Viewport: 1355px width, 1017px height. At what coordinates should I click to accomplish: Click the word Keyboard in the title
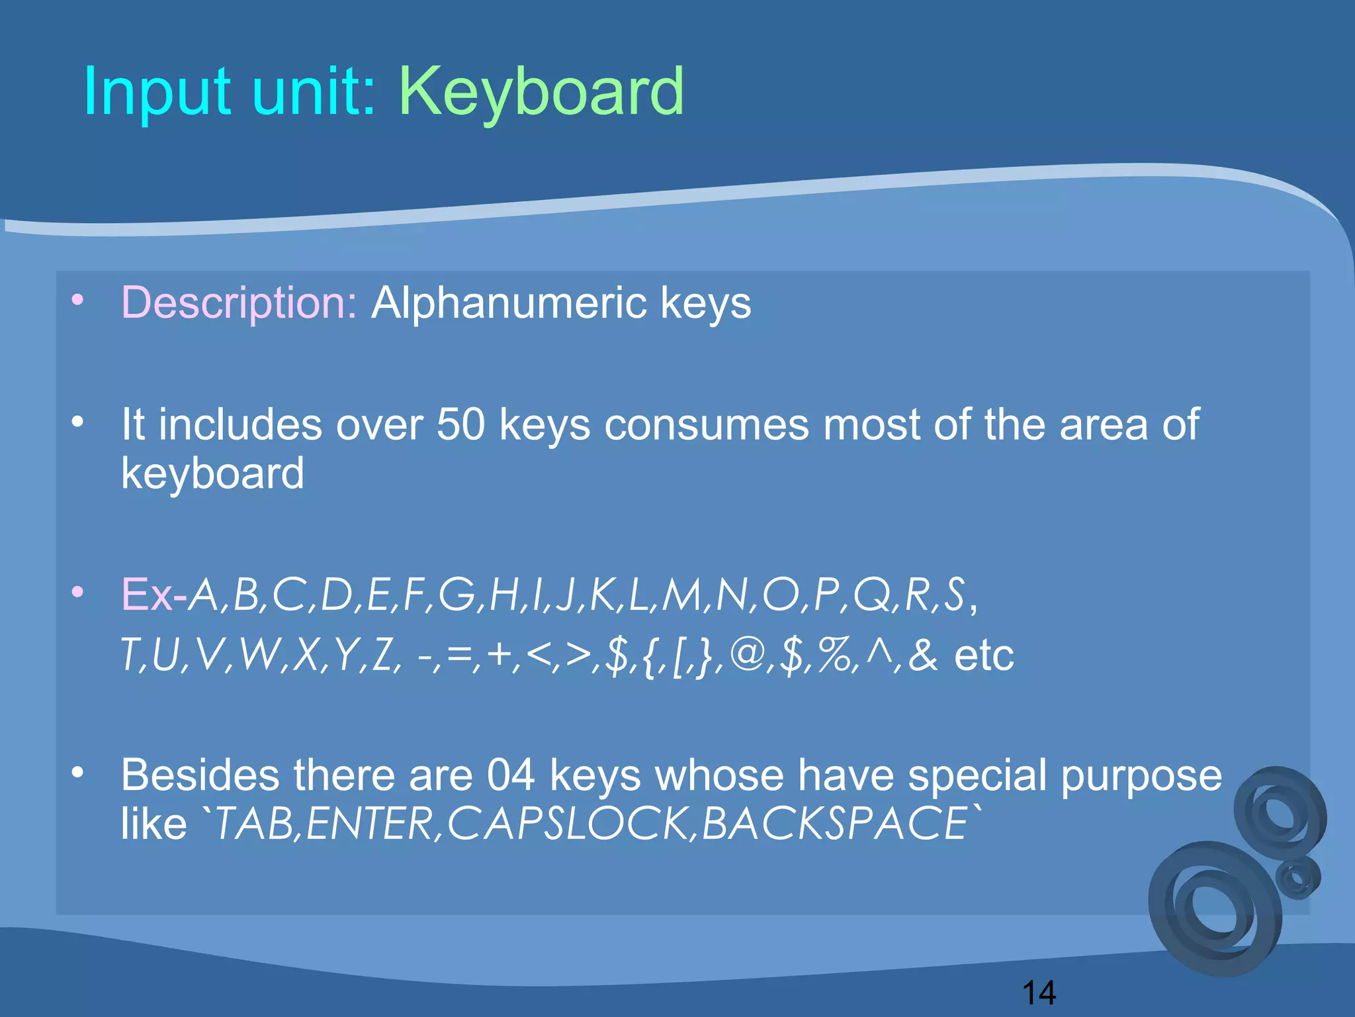tap(541, 93)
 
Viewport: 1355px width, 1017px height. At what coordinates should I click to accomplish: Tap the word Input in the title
tap(157, 93)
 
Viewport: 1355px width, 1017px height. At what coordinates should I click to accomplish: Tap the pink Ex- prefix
tap(153, 595)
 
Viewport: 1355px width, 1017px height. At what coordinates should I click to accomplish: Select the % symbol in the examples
tap(835, 655)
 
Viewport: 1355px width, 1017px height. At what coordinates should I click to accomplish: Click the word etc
tap(984, 655)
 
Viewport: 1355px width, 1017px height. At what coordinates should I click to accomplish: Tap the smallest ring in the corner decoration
tap(1298, 877)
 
